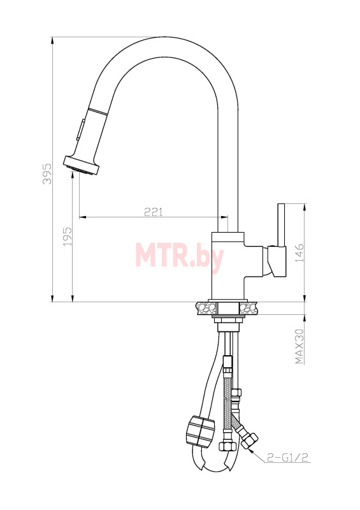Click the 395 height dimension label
pyautogui.click(x=48, y=174)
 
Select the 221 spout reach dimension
pyautogui.click(x=153, y=212)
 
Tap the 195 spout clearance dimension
pyautogui.click(x=67, y=236)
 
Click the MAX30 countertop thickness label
pyautogui.click(x=299, y=346)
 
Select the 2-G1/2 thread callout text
pyautogui.click(x=287, y=458)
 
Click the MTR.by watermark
pyautogui.click(x=180, y=256)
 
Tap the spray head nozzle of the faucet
pyautogui.click(x=82, y=166)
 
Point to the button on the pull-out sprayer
pyautogui.click(x=80, y=129)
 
